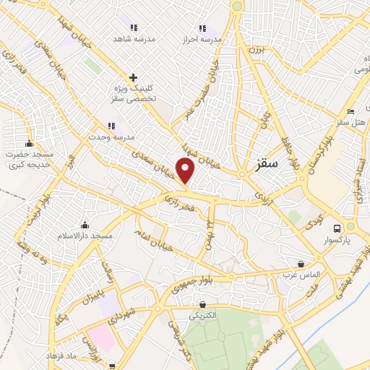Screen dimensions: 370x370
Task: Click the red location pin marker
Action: (x=186, y=171)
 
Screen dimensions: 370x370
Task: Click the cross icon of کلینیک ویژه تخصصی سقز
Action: (x=133, y=77)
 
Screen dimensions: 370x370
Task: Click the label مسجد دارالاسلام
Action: (x=86, y=236)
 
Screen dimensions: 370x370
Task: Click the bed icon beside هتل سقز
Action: (x=350, y=111)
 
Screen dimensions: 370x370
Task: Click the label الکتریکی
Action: (x=203, y=316)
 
